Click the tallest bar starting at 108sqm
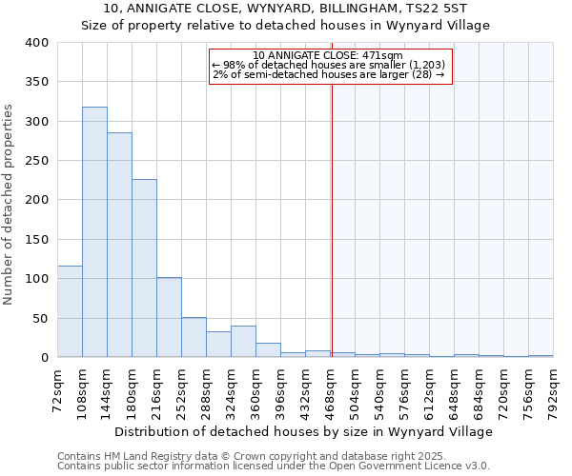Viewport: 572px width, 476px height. click(x=94, y=232)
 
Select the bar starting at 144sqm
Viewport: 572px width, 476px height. click(x=119, y=245)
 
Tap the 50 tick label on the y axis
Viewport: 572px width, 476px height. click(x=41, y=318)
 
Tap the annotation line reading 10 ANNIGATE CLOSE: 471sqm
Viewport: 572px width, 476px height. click(x=329, y=55)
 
